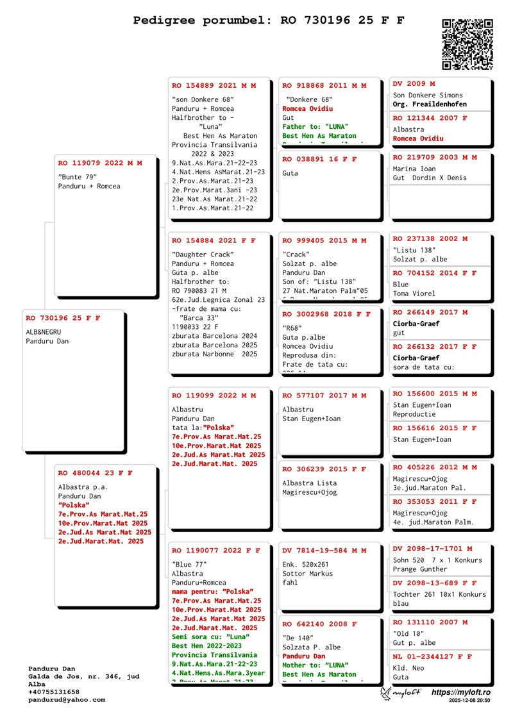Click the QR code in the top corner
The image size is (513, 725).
coord(467,44)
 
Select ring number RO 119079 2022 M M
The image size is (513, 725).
coord(100,163)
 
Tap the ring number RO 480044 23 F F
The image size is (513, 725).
coord(95,473)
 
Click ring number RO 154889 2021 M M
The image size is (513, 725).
coord(214,85)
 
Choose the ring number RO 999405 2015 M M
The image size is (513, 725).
coord(324,240)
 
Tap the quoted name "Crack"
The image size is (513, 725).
coord(296,254)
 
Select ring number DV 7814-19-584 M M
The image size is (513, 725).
coord(324,550)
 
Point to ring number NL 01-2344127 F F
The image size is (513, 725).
coord(432,656)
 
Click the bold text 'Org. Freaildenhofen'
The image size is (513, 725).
coord(430,104)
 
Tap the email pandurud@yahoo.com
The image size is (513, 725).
coord(67,700)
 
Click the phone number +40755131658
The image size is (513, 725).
coord(54,692)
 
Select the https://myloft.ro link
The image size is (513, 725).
coord(461,692)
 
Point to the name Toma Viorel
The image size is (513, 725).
coord(414,294)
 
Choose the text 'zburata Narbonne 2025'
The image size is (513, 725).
coord(214,353)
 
